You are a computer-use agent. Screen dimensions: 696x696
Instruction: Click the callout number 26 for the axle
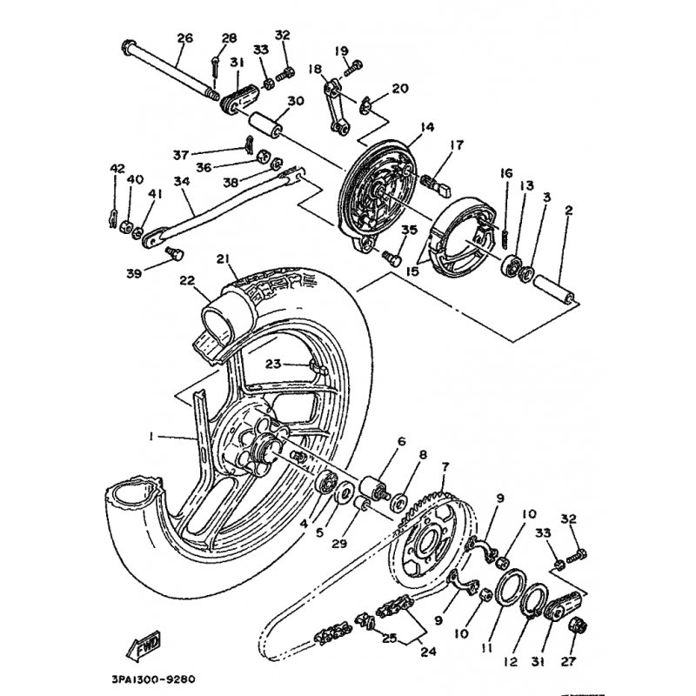pos(184,37)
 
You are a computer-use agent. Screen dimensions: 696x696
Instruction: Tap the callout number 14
pos(425,127)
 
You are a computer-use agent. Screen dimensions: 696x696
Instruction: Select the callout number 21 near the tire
pos(223,258)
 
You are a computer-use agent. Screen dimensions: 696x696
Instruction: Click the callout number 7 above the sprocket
pos(445,466)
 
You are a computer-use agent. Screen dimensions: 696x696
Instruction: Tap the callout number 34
pos(181,181)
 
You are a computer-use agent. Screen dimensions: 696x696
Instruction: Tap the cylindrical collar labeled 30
pos(265,124)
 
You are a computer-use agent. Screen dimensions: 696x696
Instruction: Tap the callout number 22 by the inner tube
pos(188,279)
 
